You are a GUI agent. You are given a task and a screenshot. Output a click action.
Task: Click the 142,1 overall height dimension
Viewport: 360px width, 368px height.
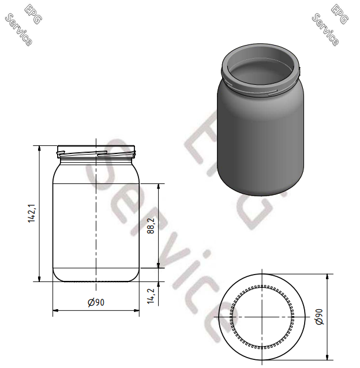coord(33,213)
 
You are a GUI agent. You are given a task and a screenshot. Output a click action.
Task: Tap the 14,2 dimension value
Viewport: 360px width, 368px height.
coord(151,296)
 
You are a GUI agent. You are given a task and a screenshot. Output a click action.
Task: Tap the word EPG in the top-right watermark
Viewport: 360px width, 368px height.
coord(340,14)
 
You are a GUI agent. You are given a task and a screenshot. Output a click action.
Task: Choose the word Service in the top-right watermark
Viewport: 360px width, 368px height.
coord(325,29)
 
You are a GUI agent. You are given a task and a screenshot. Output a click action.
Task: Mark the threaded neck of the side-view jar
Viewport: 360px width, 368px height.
coord(96,152)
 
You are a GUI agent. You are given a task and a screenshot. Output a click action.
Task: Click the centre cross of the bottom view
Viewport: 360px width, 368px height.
coord(262,316)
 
